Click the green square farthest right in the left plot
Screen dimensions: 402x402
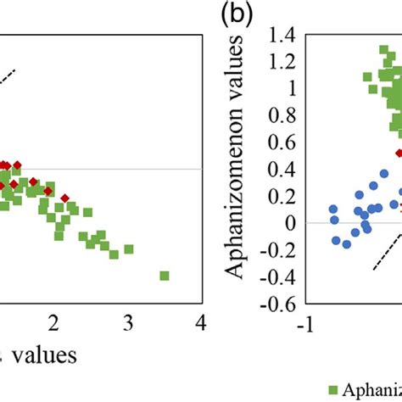coord(164,276)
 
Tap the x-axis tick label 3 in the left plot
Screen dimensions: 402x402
coord(128,323)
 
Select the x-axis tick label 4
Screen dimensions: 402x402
coord(201,323)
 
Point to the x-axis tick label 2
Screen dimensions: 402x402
coord(55,323)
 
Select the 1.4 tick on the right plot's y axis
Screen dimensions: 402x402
coord(284,34)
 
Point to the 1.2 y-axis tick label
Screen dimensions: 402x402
coord(284,61)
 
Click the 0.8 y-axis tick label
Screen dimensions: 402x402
coord(284,115)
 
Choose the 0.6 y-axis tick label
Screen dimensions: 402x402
coord(284,142)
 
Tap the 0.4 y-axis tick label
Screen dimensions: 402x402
coord(284,170)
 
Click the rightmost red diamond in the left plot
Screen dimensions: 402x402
coord(65,198)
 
